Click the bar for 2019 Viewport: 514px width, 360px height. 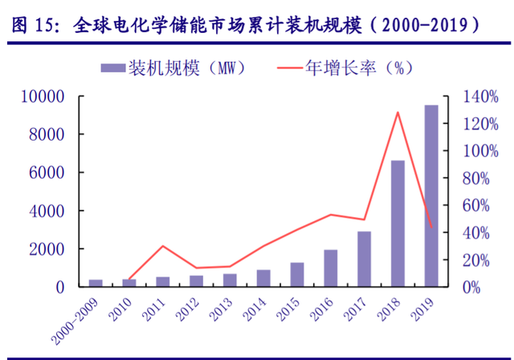[x=431, y=196]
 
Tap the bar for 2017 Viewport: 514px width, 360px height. [x=365, y=259]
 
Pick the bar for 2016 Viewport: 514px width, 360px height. [x=331, y=268]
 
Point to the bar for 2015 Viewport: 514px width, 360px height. [x=297, y=275]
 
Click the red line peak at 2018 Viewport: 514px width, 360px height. [x=398, y=112]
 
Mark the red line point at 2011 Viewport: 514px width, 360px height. [x=163, y=246]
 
